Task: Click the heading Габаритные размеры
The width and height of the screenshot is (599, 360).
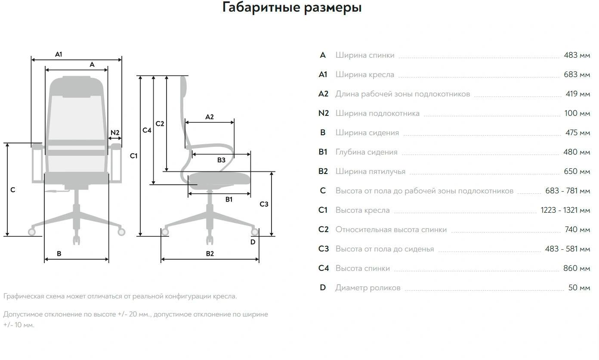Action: pos(292,8)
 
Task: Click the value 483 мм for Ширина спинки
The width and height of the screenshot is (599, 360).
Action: pos(577,55)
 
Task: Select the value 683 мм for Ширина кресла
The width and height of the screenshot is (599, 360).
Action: pos(577,74)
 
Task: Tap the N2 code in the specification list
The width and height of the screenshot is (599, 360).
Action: pos(323,113)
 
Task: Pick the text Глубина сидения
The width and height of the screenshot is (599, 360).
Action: pos(366,152)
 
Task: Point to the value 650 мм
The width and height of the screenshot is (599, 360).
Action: pos(577,171)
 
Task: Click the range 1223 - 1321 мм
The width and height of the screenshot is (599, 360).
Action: pos(565,210)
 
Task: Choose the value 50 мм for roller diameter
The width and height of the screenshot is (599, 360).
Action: pos(579,288)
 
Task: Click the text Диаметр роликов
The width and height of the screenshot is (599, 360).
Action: pos(367,288)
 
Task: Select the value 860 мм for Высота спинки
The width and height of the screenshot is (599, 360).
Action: pos(577,268)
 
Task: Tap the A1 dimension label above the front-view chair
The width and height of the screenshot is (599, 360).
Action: pos(59,54)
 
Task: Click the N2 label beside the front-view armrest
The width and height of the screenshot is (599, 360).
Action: pos(115,133)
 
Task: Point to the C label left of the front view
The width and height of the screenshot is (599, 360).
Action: pos(13,189)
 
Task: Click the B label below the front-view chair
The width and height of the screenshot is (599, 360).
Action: pos(59,254)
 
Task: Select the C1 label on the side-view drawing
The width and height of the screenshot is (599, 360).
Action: pos(134,156)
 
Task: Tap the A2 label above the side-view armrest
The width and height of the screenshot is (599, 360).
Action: pos(210,117)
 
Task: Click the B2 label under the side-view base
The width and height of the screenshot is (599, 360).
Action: pos(210,254)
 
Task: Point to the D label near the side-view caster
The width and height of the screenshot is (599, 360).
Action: pos(253,242)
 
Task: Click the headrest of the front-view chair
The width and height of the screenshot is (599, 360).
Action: pos(77,84)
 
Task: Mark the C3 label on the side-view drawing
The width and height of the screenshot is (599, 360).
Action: pos(264,204)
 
